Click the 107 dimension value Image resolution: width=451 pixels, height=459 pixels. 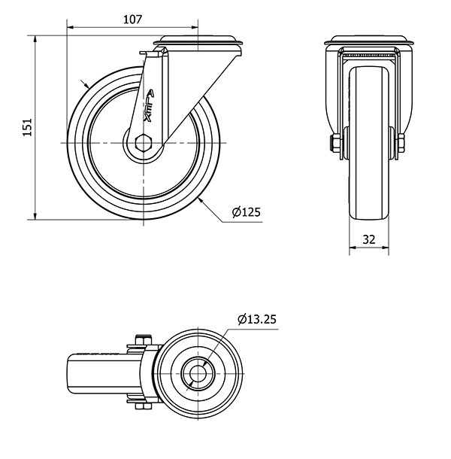[x=132, y=20]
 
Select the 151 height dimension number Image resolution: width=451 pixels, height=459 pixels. [x=27, y=127]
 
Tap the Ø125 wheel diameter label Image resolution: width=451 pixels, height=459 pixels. [x=246, y=212]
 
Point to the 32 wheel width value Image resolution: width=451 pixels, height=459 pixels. [x=369, y=239]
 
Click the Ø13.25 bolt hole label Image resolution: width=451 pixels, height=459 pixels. [x=257, y=319]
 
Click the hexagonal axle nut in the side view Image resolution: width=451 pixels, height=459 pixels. [x=144, y=143]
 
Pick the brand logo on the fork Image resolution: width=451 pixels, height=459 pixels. [x=149, y=105]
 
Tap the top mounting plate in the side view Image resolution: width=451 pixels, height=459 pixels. [x=198, y=41]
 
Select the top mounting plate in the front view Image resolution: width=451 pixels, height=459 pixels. [x=369, y=40]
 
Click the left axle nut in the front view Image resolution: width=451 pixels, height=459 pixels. [x=335, y=143]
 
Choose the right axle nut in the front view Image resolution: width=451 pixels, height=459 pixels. [x=401, y=143]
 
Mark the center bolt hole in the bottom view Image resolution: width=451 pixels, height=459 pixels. [x=198, y=373]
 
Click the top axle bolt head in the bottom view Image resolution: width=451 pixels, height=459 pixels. [x=144, y=339]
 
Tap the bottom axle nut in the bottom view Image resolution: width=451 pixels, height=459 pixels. [x=144, y=406]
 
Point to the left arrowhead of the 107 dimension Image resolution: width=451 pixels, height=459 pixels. [x=71, y=28]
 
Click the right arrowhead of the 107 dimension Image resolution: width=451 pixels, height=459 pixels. [x=195, y=28]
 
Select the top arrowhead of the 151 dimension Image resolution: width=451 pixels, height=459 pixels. [x=35, y=39]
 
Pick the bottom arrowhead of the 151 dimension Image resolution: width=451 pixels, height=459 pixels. [x=35, y=216]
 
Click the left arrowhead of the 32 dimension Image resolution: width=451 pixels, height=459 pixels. [x=353, y=248]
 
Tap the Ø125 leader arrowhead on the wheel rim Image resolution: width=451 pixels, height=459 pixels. [x=201, y=200]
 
